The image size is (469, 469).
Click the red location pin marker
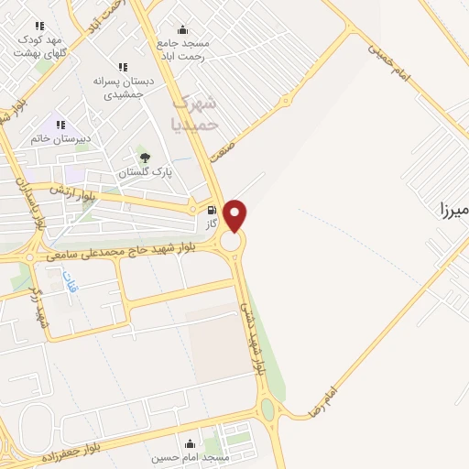tap(235, 214)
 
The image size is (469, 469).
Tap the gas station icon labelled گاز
tap(213, 210)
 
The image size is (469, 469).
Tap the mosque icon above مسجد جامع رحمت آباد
tap(182, 29)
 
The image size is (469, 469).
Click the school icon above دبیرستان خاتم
tap(61, 125)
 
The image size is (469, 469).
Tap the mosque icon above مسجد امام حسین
tap(191, 442)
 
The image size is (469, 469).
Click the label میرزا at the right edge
tap(453, 211)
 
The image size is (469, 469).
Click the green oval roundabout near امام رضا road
tap(267, 409)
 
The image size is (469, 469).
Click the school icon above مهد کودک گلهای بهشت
tap(38, 27)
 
